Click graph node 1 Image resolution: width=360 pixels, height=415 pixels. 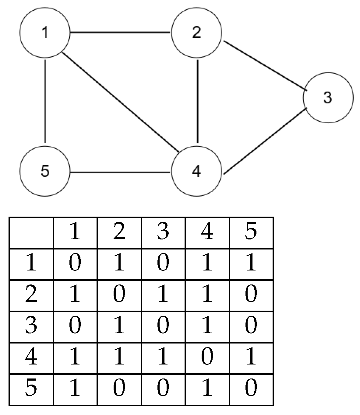45,33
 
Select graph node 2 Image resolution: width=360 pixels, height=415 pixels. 196,33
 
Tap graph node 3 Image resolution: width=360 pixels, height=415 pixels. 328,98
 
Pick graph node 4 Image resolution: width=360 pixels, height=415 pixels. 196,171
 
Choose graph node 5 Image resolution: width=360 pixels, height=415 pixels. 45,171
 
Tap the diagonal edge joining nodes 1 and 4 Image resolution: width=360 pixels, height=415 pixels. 120,102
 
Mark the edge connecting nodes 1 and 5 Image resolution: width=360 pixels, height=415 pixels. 45,101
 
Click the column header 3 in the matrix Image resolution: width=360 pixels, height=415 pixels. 163,232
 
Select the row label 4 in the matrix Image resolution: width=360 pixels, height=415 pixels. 31,358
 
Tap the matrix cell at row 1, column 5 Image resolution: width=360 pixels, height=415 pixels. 251,264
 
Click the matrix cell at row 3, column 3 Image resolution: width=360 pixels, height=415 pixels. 163,326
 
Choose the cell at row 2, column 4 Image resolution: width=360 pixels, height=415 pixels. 207,295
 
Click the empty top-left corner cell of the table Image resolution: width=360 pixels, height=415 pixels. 31,232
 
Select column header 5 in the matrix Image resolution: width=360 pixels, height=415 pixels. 251,232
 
